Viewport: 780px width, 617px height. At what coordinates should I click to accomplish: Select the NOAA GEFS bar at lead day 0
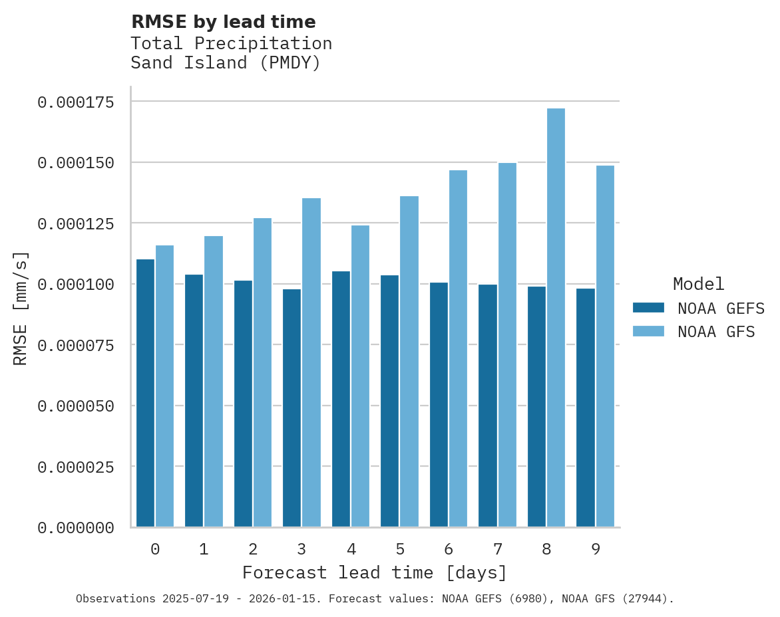pos(145,393)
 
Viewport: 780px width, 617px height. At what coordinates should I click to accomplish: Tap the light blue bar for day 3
pos(311,362)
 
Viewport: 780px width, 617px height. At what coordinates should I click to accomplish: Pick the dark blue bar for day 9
pos(586,408)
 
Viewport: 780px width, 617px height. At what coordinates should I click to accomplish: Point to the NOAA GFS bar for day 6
pos(458,348)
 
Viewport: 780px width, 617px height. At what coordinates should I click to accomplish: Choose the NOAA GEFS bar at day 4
pos(341,399)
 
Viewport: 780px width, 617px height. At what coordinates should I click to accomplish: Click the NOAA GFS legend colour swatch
pos(648,331)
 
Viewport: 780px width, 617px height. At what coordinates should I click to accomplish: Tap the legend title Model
pos(698,284)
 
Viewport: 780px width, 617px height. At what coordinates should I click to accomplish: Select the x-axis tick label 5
pos(400,549)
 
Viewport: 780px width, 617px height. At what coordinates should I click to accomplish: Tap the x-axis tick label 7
pos(497,549)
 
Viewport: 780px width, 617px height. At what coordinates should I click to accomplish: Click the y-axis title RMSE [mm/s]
pos(21,308)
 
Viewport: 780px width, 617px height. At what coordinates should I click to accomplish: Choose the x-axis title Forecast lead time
pos(375,572)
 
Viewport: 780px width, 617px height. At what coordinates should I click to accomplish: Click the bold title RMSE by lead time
pos(223,22)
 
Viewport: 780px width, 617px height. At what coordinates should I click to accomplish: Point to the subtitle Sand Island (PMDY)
pos(226,63)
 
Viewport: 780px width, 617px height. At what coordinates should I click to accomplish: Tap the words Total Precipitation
pos(231,43)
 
